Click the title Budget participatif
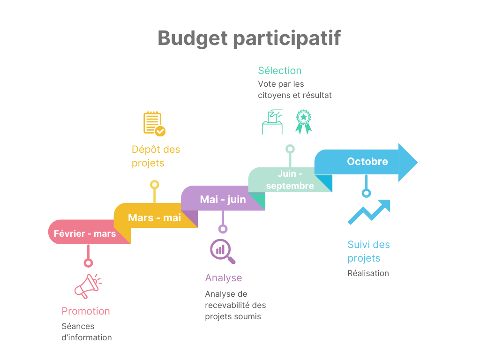coord(249,38)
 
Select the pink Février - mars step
coord(85,233)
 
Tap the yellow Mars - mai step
coord(154,217)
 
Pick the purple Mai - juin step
coord(223,199)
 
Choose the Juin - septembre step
coord(290,180)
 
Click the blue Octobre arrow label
coord(367,161)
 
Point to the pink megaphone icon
coord(88,286)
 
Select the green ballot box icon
coord(272,122)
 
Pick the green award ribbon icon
coord(303,122)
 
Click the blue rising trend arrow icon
coord(369,212)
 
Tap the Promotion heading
coord(86,311)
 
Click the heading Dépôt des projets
coord(156,156)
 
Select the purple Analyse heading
coord(223,277)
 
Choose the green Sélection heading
coord(279,71)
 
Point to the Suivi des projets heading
coord(368,251)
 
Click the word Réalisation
coord(368,273)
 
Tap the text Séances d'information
coord(87,331)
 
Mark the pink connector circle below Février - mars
coord(87,263)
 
